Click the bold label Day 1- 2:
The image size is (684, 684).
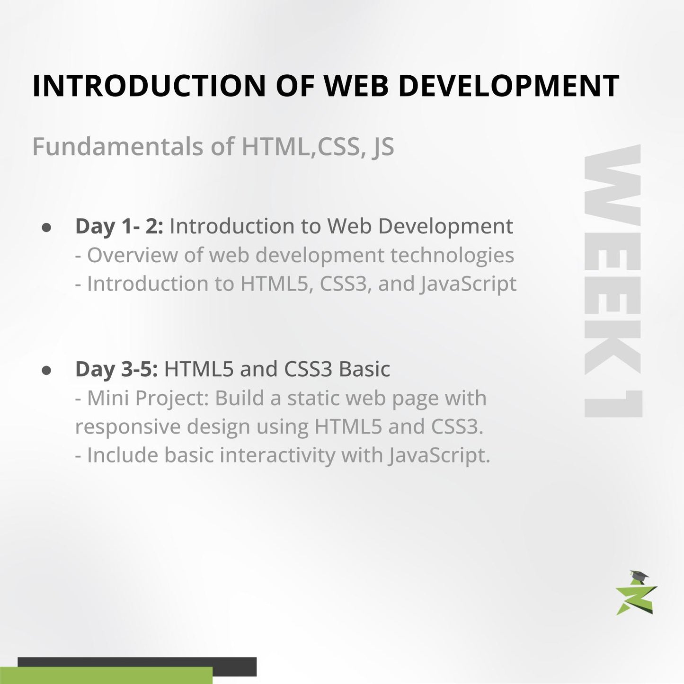119,226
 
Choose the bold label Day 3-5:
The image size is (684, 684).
116,369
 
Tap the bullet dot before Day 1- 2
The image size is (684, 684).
46,227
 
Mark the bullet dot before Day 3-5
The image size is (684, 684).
46,370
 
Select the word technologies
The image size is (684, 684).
452,256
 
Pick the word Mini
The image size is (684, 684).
108,398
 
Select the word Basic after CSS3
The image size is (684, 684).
364,369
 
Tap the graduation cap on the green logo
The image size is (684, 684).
639,576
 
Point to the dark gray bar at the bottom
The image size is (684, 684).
234,666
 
